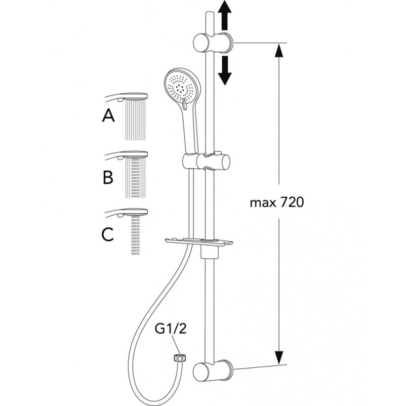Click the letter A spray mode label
pos(109,115)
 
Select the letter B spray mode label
pos(108,177)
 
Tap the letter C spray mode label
pos(108,234)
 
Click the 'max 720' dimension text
pos(277,202)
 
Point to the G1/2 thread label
pos(170,329)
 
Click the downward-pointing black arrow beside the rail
pos(225,71)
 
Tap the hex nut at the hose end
pos(179,359)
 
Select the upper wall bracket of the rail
pos(213,42)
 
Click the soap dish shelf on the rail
pos(199,242)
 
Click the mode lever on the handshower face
pos(184,104)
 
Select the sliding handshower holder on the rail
pos(206,162)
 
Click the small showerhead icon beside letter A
pos(126,97)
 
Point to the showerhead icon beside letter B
pos(126,155)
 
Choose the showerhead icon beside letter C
pos(126,212)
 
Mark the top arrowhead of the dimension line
pos(279,50)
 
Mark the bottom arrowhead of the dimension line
pos(279,358)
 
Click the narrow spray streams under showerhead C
pos(135,235)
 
